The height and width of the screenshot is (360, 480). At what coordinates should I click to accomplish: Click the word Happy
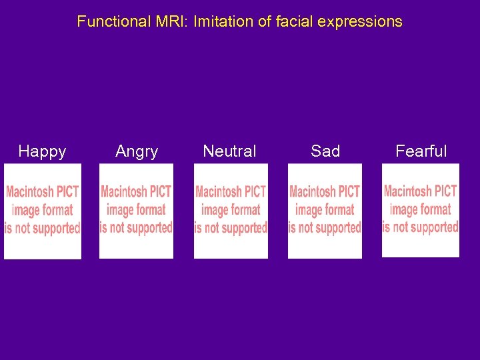(42, 151)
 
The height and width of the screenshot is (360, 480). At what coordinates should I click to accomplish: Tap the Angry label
(137, 151)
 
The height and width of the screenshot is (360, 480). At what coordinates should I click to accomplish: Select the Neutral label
(229, 151)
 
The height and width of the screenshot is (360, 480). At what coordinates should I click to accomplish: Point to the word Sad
(325, 151)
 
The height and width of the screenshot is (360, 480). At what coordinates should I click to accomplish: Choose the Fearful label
(421, 151)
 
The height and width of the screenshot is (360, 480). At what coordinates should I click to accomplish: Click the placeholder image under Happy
(43, 211)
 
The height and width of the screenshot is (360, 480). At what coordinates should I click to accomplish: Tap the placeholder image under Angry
(136, 211)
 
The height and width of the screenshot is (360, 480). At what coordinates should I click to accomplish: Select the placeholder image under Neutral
(231, 211)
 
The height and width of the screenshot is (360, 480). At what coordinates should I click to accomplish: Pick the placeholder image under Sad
(325, 211)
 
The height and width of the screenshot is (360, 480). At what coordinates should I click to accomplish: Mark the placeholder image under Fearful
(420, 210)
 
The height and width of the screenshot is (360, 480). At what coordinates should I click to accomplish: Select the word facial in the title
(293, 21)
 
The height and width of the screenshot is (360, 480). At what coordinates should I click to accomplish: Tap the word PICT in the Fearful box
(445, 191)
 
